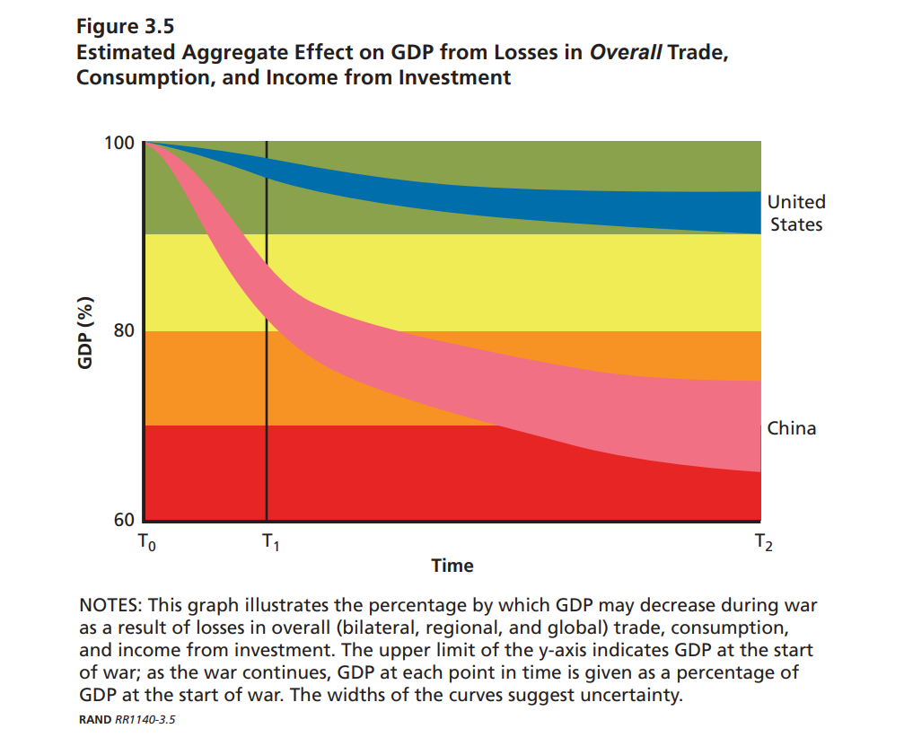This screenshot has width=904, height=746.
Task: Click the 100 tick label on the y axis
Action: (x=118, y=143)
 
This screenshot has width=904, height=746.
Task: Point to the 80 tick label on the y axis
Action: (x=123, y=330)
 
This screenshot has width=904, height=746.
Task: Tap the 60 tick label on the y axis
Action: (x=123, y=521)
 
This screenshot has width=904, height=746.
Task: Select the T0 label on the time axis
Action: (x=146, y=542)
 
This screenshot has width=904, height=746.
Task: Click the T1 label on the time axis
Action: (x=269, y=542)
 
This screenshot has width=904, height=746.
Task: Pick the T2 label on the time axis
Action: (x=762, y=542)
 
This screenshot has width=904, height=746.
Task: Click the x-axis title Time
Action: (x=452, y=566)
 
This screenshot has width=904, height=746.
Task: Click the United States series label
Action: (x=795, y=214)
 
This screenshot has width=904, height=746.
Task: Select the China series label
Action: (x=791, y=428)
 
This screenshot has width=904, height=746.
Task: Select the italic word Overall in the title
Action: (x=625, y=52)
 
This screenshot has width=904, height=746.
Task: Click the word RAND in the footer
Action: (x=95, y=719)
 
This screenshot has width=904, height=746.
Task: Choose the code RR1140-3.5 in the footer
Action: (x=144, y=719)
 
